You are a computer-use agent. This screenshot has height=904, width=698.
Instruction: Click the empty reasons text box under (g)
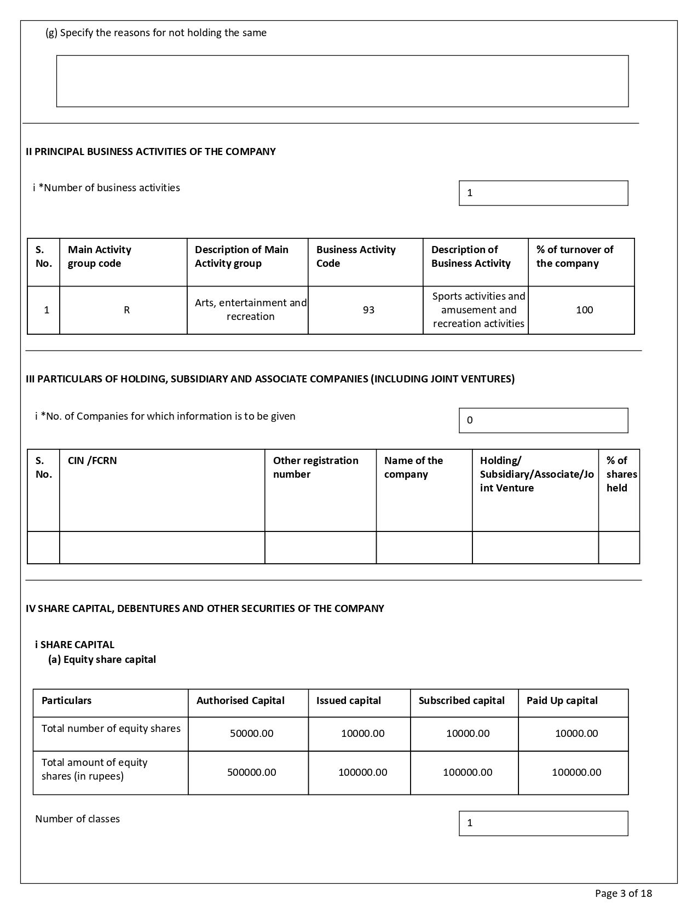[x=342, y=81]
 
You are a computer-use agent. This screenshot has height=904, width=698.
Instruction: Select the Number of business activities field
[x=543, y=193]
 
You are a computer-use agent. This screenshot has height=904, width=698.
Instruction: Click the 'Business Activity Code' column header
[x=356, y=256]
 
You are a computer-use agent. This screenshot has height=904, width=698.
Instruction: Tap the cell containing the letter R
[x=126, y=310]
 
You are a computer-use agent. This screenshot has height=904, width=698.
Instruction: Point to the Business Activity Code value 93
[x=368, y=310]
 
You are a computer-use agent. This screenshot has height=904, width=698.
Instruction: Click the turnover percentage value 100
[x=584, y=310]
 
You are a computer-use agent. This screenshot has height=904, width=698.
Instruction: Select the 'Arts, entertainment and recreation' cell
[x=250, y=310]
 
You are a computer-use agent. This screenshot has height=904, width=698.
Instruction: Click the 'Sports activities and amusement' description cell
[x=478, y=310]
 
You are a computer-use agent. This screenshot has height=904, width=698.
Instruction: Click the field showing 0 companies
[x=543, y=421]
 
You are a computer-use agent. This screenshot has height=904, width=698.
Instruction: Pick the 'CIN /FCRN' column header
[x=93, y=461]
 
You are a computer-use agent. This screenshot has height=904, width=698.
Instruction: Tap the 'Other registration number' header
[x=315, y=467]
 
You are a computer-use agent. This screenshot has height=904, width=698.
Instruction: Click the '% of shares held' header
[x=621, y=474]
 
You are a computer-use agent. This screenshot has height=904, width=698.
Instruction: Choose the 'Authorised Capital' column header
[x=240, y=701]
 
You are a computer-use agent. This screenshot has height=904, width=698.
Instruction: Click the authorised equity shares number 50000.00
[x=251, y=734]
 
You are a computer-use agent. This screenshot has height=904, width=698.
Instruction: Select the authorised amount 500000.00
[x=251, y=773]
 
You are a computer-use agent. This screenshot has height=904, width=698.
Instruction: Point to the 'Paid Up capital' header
[x=562, y=701]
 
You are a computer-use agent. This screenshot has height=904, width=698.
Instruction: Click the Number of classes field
[x=543, y=823]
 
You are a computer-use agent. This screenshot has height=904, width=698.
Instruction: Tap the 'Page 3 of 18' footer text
[x=623, y=894]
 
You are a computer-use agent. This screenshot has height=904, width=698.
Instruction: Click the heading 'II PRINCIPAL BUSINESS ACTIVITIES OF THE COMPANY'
[x=151, y=152]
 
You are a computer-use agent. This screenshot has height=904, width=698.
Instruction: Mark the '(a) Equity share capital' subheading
[x=102, y=660]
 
